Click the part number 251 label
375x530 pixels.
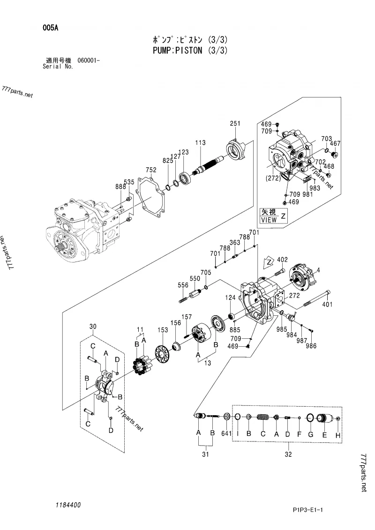235,123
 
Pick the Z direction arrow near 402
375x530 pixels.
269,262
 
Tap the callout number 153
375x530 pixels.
163,330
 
